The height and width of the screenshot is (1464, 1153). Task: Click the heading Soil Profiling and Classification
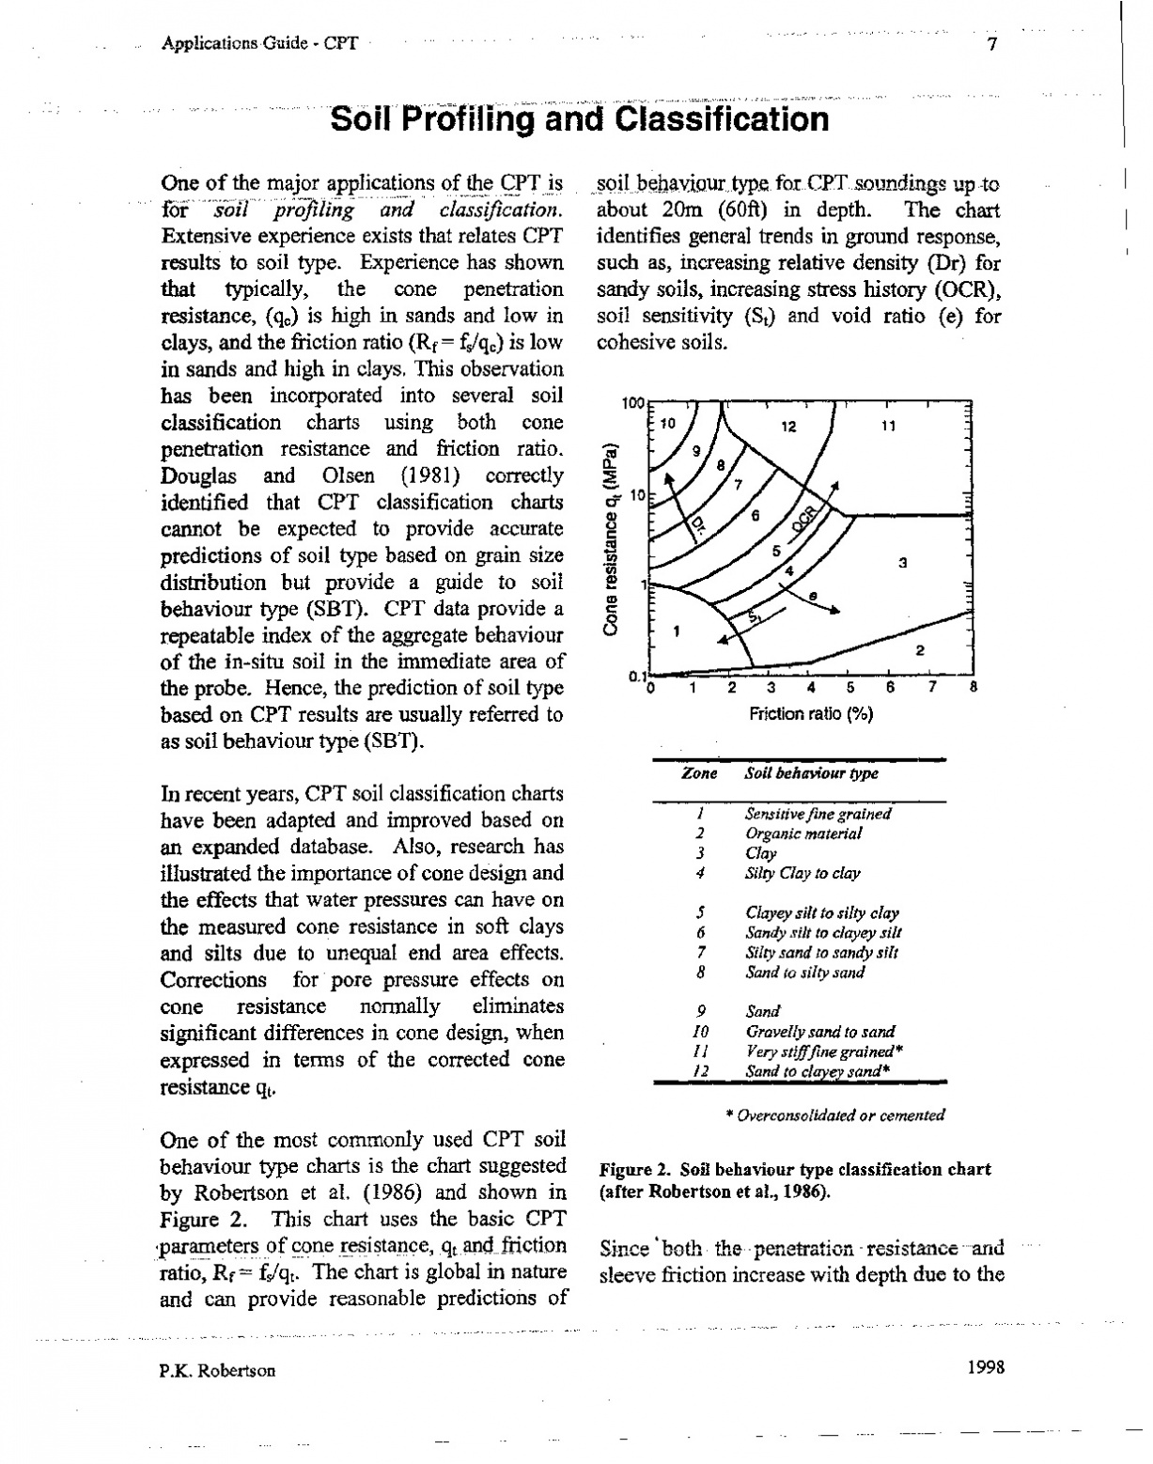click(581, 119)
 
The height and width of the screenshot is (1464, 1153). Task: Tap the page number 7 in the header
click(991, 44)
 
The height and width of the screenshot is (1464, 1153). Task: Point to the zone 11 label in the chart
click(888, 426)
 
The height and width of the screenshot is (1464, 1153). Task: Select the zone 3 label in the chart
click(902, 563)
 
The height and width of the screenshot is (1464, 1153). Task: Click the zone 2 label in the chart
click(921, 649)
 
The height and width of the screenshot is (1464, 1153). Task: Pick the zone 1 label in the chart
click(676, 630)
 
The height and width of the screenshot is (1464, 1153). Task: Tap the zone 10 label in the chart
click(667, 423)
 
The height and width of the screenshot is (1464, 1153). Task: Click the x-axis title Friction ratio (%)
click(811, 714)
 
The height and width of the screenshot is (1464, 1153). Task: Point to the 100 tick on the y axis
click(633, 403)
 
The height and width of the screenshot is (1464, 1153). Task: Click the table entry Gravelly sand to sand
click(819, 1032)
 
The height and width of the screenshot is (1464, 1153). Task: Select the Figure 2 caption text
click(795, 1180)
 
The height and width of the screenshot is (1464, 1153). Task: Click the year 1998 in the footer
click(985, 1367)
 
